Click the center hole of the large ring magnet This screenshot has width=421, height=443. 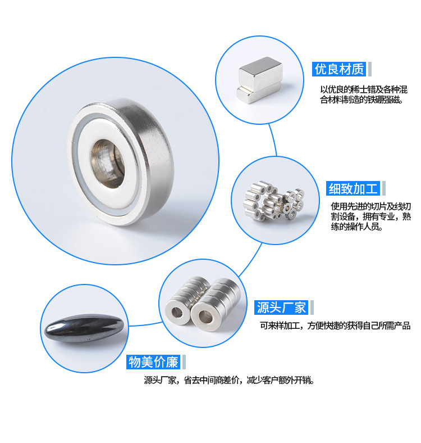108,164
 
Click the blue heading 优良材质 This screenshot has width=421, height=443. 339,69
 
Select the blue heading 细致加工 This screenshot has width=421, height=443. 353,188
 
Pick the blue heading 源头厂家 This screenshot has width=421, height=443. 281,308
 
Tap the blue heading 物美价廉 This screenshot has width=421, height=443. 153,362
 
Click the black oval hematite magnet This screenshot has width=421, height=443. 84,328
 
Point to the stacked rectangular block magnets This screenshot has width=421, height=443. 259,80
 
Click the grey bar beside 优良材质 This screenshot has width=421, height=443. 370,69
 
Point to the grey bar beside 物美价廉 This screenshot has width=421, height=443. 184,362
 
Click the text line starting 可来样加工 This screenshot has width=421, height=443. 335,326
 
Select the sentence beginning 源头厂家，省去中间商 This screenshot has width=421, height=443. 229,380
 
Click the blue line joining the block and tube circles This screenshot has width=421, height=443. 273,139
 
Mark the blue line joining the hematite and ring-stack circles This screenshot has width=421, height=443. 145,324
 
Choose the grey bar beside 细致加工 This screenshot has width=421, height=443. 384,188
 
